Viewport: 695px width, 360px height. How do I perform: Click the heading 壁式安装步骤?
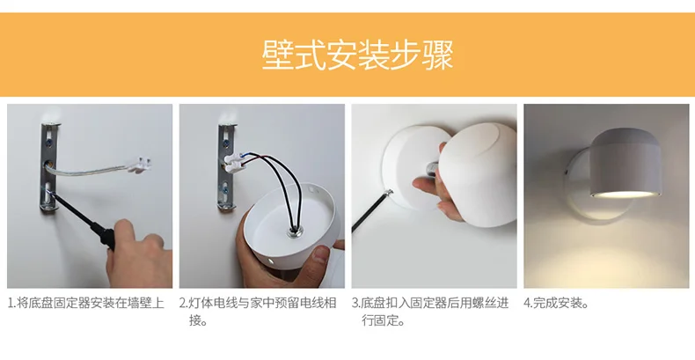357,55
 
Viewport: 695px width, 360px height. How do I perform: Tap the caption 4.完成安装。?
556,304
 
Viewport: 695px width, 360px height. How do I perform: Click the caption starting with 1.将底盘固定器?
86,304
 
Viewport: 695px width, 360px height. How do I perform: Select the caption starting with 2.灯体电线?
258,312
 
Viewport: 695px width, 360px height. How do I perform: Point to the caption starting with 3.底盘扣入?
430,312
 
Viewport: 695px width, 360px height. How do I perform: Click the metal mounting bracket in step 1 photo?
49,167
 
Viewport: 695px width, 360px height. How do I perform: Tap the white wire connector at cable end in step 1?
142,165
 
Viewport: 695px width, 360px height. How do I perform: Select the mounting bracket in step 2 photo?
226,166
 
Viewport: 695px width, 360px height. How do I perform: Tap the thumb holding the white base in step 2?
324,256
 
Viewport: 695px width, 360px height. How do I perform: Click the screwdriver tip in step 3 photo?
390,193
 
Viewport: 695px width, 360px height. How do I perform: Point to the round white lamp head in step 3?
479,174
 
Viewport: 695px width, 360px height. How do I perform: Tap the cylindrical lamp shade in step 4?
625,163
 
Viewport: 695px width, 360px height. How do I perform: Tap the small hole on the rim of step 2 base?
269,260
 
